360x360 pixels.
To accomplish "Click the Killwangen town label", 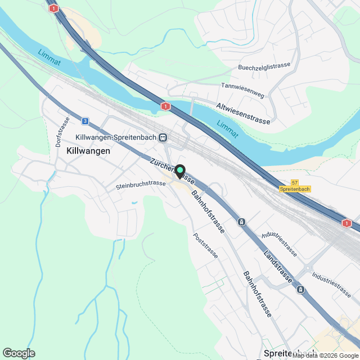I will tap(88, 151).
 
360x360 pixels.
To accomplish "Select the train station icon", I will tap(163, 137).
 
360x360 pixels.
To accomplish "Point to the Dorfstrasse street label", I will tap(62, 132).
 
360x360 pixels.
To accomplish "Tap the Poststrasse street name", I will tap(205, 246).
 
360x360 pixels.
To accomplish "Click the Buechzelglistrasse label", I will tap(264, 66).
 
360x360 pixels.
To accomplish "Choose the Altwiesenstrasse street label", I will tap(243, 113).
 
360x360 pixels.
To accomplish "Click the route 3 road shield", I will tap(84, 120).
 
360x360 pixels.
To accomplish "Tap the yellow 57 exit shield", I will tap(295, 183).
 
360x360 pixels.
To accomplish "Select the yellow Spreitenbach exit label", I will tap(295, 190).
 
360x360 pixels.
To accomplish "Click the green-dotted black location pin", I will tap(180, 171).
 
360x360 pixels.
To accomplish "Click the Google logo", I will tap(19, 353).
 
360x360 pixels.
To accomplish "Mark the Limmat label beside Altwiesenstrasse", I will tap(228, 129).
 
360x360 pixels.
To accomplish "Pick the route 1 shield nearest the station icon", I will tap(165, 106).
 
